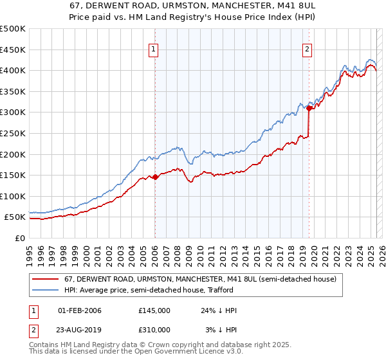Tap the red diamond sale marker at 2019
pos(309,109)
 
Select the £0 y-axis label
pos(20,238)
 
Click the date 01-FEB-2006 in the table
pos(80,310)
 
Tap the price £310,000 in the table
pos(154,330)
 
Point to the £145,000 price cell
pos(154,310)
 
